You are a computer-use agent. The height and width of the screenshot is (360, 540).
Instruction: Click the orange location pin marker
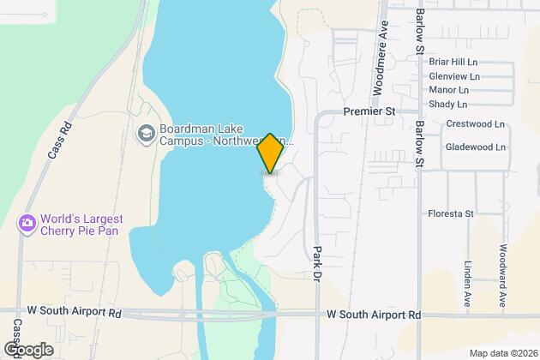(x=270, y=153)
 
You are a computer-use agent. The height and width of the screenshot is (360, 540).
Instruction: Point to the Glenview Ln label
(x=454, y=75)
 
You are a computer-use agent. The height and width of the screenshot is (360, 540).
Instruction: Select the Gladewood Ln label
(x=475, y=147)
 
